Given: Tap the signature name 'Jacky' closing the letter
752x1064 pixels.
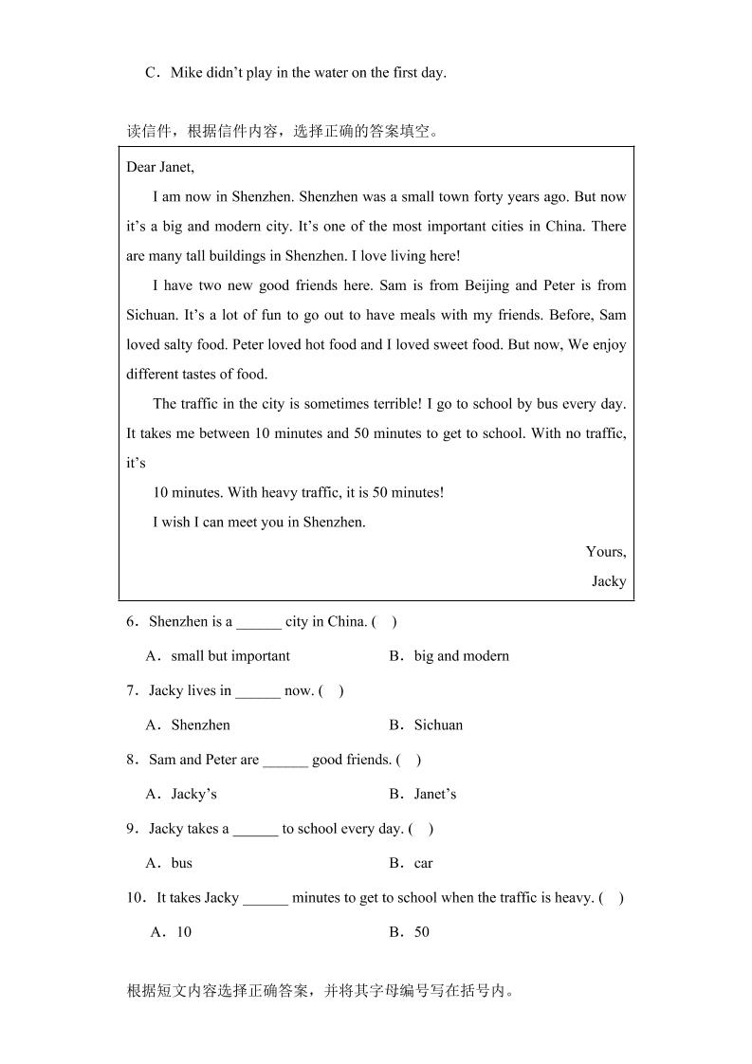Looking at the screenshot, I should (608, 581).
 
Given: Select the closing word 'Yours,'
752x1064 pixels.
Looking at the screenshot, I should (605, 552).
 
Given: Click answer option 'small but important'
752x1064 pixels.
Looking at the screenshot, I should (230, 656).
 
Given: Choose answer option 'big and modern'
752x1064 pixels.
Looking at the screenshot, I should (461, 656).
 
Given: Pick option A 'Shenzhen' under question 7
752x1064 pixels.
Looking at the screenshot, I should (200, 725).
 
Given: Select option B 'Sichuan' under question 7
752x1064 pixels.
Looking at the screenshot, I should (438, 725).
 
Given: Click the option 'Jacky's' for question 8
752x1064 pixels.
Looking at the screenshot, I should (193, 795).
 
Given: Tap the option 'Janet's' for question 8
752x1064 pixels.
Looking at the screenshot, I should (434, 795).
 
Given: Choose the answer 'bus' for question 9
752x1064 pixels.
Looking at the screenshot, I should (181, 864).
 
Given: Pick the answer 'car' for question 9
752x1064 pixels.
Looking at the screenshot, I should (423, 864).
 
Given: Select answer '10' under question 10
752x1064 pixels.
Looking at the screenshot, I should (183, 932).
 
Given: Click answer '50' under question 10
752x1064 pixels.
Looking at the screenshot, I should (421, 932).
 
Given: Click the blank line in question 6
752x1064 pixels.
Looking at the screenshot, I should (259, 623).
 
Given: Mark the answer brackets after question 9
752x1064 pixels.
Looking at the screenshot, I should (421, 829).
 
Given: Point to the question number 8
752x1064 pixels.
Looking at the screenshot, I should (131, 760).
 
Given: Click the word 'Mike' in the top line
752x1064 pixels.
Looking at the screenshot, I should (186, 73).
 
